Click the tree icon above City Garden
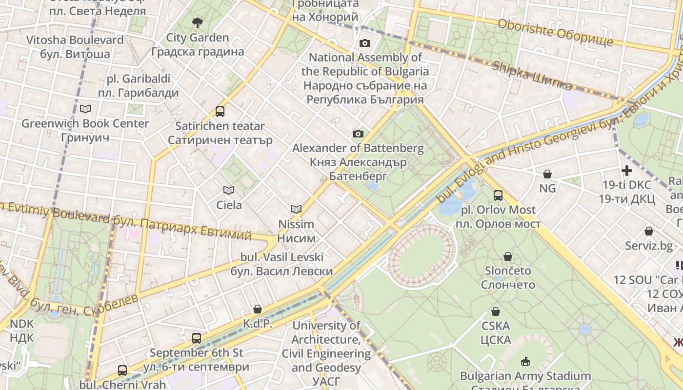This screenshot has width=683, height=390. coord(197,22)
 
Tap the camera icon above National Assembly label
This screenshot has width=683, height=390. coord(364,43)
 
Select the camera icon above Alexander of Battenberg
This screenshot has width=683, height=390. coord(358,134)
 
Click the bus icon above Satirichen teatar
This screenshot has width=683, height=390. coord(220,112)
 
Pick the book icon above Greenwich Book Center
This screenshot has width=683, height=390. coord(85,109)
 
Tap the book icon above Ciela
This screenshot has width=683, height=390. coord(229,190)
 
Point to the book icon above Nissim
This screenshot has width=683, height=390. coord(296,209)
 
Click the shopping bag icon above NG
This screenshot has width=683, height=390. coord(547,174)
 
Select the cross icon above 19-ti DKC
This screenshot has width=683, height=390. coord(627,171)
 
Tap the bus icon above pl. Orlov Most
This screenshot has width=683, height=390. coord(498,195)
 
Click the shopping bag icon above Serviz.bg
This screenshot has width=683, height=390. coord(649,231)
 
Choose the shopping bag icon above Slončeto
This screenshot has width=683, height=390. coord(508,256)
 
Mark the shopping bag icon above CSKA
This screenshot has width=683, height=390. coord(496,312)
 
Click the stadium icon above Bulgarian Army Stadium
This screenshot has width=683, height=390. coord(525,361)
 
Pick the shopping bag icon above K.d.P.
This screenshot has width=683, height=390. coord(258,309)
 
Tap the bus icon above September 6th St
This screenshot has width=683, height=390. coord(197,338)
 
